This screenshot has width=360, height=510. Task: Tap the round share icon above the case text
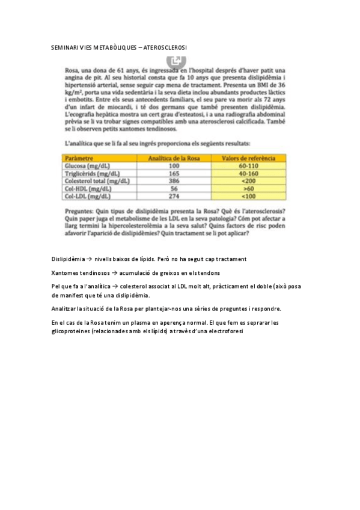pos(176,60)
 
